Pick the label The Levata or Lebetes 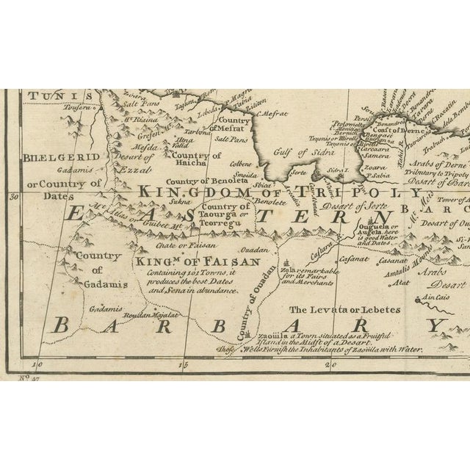pos(329,310)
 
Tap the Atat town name pos(400,280)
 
